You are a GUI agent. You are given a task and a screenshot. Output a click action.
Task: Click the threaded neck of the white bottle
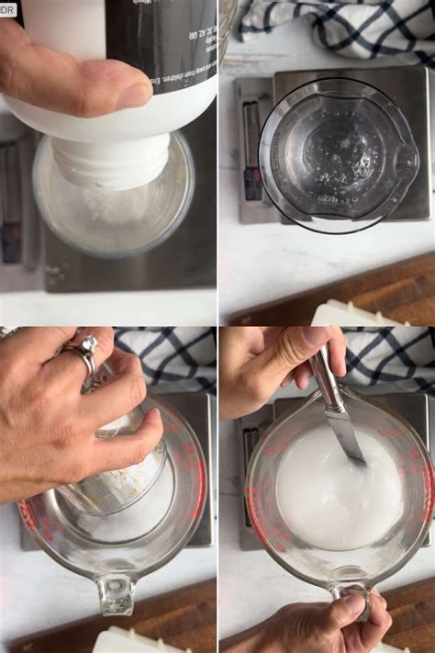110,161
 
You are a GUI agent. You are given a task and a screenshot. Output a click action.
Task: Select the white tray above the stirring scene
353,315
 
